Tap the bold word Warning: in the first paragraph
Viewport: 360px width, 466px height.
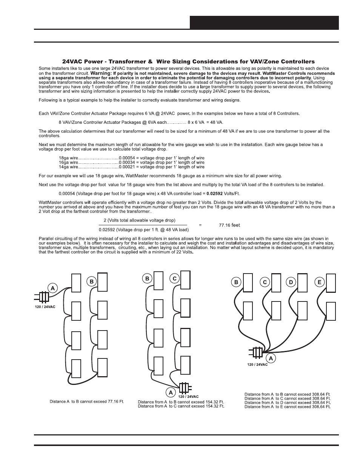pos(101,73)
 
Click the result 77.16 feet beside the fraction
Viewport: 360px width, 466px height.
pos(229,225)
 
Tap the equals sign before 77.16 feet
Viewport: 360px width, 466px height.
pos(200,225)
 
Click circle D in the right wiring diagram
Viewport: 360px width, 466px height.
pos(291,282)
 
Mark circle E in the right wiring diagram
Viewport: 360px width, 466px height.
pos(320,282)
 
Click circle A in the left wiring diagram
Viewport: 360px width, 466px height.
pos(52,288)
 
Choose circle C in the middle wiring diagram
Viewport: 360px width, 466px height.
pos(174,279)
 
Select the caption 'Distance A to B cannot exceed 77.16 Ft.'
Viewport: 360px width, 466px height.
pos(87,401)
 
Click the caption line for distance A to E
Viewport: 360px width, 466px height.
pos(287,407)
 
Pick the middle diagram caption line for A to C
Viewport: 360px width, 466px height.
pos(181,406)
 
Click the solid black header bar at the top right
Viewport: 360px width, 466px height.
pos(264,23)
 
